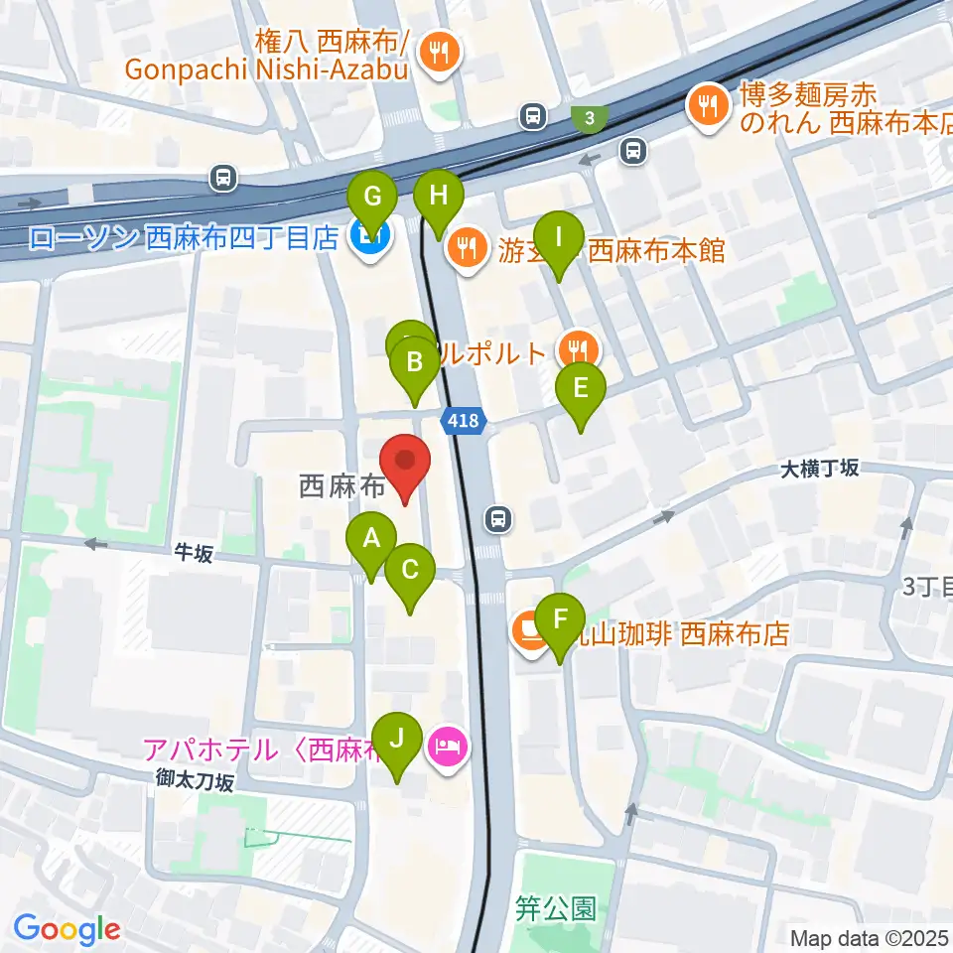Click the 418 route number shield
pyautogui.click(x=463, y=421)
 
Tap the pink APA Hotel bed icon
pyautogui.click(x=446, y=745)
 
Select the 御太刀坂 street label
pyautogui.click(x=194, y=783)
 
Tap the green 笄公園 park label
pyautogui.click(x=556, y=909)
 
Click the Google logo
pyautogui.click(x=67, y=928)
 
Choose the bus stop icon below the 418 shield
pyautogui.click(x=498, y=517)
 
